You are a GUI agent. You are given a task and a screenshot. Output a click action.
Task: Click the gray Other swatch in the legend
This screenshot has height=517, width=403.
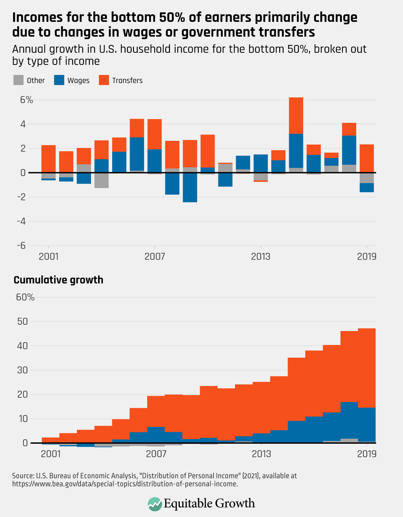(18, 80)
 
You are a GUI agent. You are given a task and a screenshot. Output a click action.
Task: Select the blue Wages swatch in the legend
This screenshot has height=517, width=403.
(59, 80)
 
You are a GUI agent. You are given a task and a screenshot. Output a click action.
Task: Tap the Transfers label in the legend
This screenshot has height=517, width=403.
(127, 81)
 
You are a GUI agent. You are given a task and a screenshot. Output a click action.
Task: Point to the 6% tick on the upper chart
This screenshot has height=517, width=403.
(26, 100)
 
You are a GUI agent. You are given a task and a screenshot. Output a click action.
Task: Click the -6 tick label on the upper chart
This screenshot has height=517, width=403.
(21, 245)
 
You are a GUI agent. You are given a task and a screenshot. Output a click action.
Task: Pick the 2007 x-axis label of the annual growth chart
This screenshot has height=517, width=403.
(154, 257)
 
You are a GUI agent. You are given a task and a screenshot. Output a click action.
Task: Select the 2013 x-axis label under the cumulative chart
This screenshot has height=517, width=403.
(261, 454)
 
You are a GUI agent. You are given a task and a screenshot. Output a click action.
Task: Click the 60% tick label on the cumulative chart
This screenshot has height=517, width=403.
(25, 297)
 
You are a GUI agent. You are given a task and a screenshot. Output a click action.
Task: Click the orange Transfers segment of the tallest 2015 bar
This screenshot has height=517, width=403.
(296, 115)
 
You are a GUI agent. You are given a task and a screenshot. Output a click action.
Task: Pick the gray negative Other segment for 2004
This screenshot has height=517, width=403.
(101, 180)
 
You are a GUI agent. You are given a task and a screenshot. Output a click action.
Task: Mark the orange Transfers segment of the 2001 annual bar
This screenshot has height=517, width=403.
(48, 159)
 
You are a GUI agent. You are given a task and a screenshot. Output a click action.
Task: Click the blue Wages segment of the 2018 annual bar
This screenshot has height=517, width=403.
(349, 150)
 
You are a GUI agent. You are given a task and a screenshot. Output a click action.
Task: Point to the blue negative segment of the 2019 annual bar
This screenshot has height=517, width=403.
(366, 188)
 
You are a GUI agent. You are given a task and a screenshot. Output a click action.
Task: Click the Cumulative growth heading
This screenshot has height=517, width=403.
(58, 280)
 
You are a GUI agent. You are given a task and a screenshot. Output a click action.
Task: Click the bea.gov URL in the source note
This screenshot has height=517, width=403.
(125, 484)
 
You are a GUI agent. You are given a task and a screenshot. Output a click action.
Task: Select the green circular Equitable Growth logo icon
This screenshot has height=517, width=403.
(154, 504)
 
